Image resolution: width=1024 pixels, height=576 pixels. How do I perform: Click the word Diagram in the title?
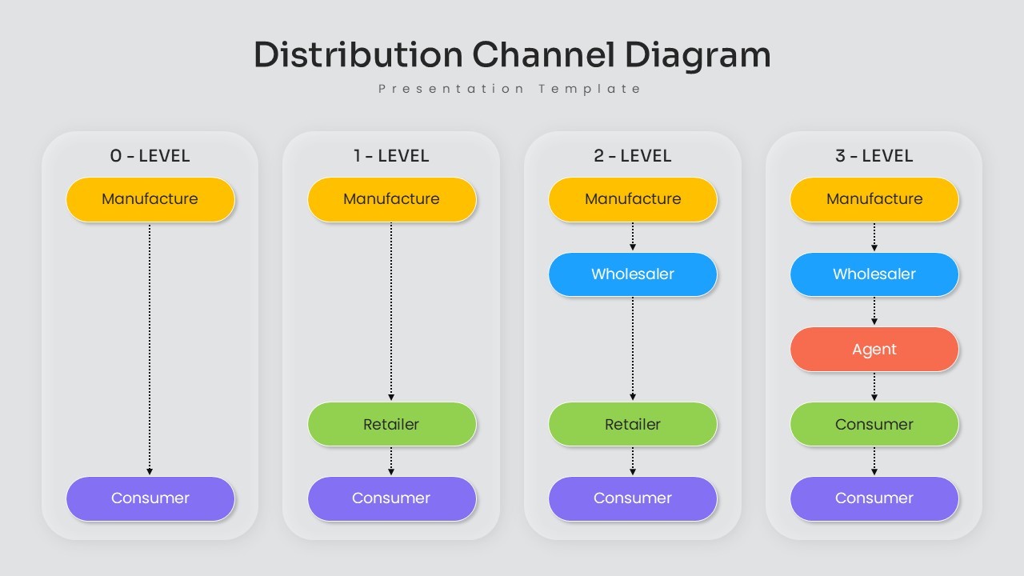(697, 55)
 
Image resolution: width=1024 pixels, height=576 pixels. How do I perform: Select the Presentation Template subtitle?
(510, 89)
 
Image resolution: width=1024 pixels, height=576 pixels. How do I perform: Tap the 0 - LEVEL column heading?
(150, 156)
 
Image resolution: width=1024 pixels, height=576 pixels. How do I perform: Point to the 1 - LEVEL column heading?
(391, 156)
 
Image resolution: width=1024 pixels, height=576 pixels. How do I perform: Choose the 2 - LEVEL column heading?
(632, 156)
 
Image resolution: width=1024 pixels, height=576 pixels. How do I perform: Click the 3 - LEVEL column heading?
(874, 156)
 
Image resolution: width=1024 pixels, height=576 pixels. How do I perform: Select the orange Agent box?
(874, 350)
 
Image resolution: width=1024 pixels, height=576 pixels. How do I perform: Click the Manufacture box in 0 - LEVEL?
(150, 199)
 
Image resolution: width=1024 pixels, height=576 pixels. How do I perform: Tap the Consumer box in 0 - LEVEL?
(150, 498)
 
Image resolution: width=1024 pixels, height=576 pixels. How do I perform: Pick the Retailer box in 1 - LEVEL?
(391, 425)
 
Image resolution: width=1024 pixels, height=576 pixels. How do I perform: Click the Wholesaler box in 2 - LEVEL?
(632, 274)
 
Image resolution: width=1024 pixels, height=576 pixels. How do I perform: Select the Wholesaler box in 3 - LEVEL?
(874, 274)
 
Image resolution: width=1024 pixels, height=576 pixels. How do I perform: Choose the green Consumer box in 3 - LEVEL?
(874, 425)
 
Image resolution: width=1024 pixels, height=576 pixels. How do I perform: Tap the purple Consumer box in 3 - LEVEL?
(874, 498)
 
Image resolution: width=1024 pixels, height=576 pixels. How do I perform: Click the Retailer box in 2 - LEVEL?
(632, 425)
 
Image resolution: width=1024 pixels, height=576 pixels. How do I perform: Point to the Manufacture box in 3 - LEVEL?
(874, 199)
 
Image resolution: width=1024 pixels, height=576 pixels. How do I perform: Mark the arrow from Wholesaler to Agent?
(874, 311)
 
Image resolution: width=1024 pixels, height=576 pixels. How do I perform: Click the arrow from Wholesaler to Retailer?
(633, 348)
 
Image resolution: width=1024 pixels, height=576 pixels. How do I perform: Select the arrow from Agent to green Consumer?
(874, 386)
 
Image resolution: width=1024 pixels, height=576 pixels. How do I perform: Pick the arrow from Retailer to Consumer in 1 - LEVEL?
(391, 461)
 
